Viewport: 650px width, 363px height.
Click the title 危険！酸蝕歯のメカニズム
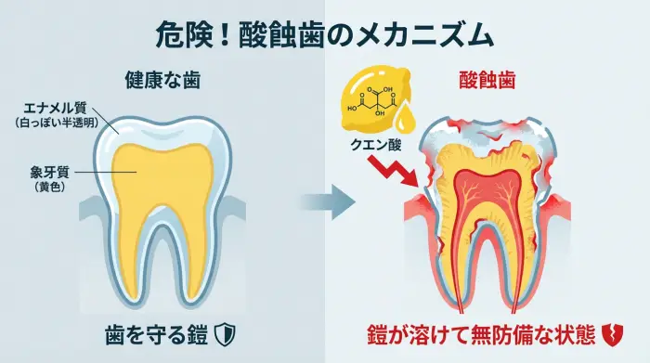point(324,35)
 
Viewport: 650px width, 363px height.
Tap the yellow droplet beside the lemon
point(406,118)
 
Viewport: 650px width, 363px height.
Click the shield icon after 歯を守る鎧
point(225,333)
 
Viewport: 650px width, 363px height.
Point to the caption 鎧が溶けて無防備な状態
point(478,333)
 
